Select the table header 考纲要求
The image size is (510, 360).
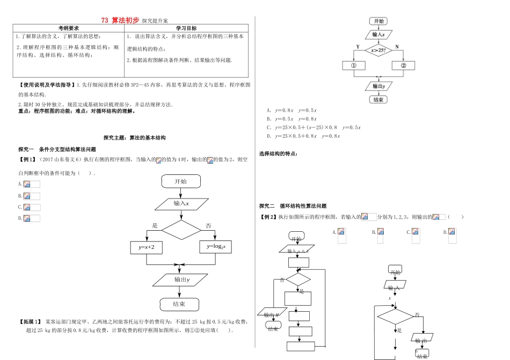pos(69,28)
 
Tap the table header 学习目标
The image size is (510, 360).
pos(186,28)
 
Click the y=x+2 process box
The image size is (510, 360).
pos(150,247)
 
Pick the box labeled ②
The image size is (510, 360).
pos(404,65)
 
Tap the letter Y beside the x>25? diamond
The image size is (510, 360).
pos(358,47)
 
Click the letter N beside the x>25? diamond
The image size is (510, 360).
pos(397,47)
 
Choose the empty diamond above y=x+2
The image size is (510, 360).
pos(181,230)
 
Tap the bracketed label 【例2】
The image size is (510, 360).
pos(268,217)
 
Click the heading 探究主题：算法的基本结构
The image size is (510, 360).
pos(134,137)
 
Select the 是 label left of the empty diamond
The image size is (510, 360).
pos(155,225)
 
